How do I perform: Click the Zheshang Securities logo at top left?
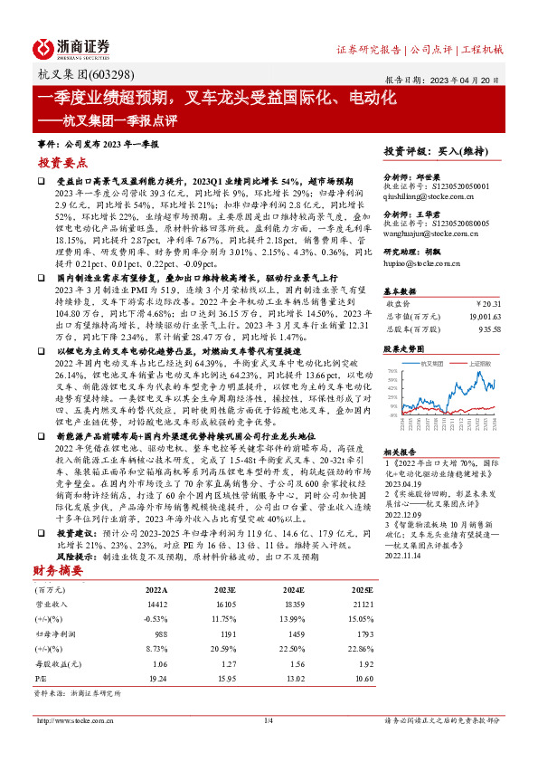[71, 48]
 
